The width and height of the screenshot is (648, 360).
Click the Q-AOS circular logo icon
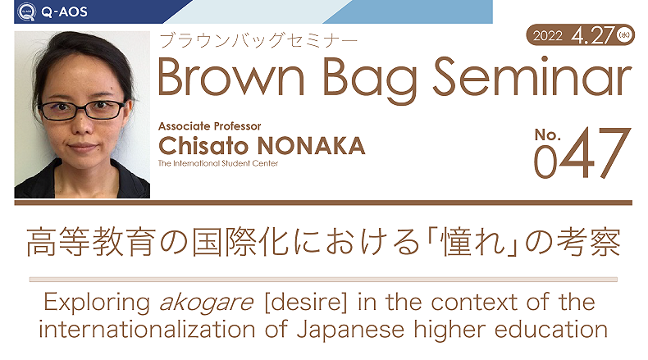coord(26,11)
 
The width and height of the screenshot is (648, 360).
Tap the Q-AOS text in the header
coord(65,11)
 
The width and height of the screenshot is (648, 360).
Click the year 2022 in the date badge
coord(548,35)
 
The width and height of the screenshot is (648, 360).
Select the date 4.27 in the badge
coord(592,35)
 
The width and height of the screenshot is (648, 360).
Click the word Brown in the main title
coord(231,77)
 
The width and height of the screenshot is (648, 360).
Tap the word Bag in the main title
coord(369,80)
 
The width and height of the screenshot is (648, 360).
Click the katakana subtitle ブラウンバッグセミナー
coord(258,40)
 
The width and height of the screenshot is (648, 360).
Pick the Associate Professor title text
coord(209,126)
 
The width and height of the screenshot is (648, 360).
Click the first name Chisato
coord(203,145)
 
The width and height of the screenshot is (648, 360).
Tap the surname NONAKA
coord(311,146)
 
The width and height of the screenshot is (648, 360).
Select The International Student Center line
coord(218,163)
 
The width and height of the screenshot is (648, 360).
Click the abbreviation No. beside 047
coord(548,134)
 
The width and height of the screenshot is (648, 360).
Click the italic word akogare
coord(206,303)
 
